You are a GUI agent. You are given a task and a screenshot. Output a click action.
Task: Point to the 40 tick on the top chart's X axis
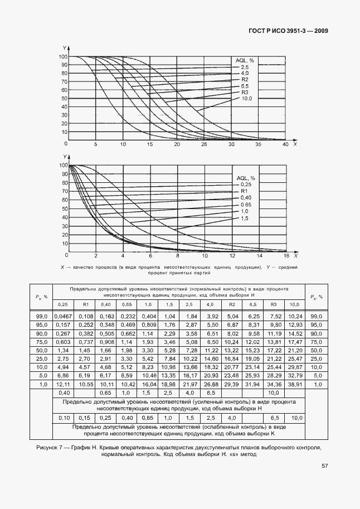(x=285, y=144)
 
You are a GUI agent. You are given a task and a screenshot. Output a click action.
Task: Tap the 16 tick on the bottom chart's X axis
(x=286, y=256)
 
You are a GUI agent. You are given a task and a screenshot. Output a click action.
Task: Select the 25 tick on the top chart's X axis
(x=204, y=144)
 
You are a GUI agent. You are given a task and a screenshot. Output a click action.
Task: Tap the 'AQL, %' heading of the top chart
(x=244, y=60)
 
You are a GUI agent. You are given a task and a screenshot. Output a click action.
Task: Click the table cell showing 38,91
(x=295, y=384)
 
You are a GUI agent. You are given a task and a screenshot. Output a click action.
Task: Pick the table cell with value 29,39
(x=231, y=384)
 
